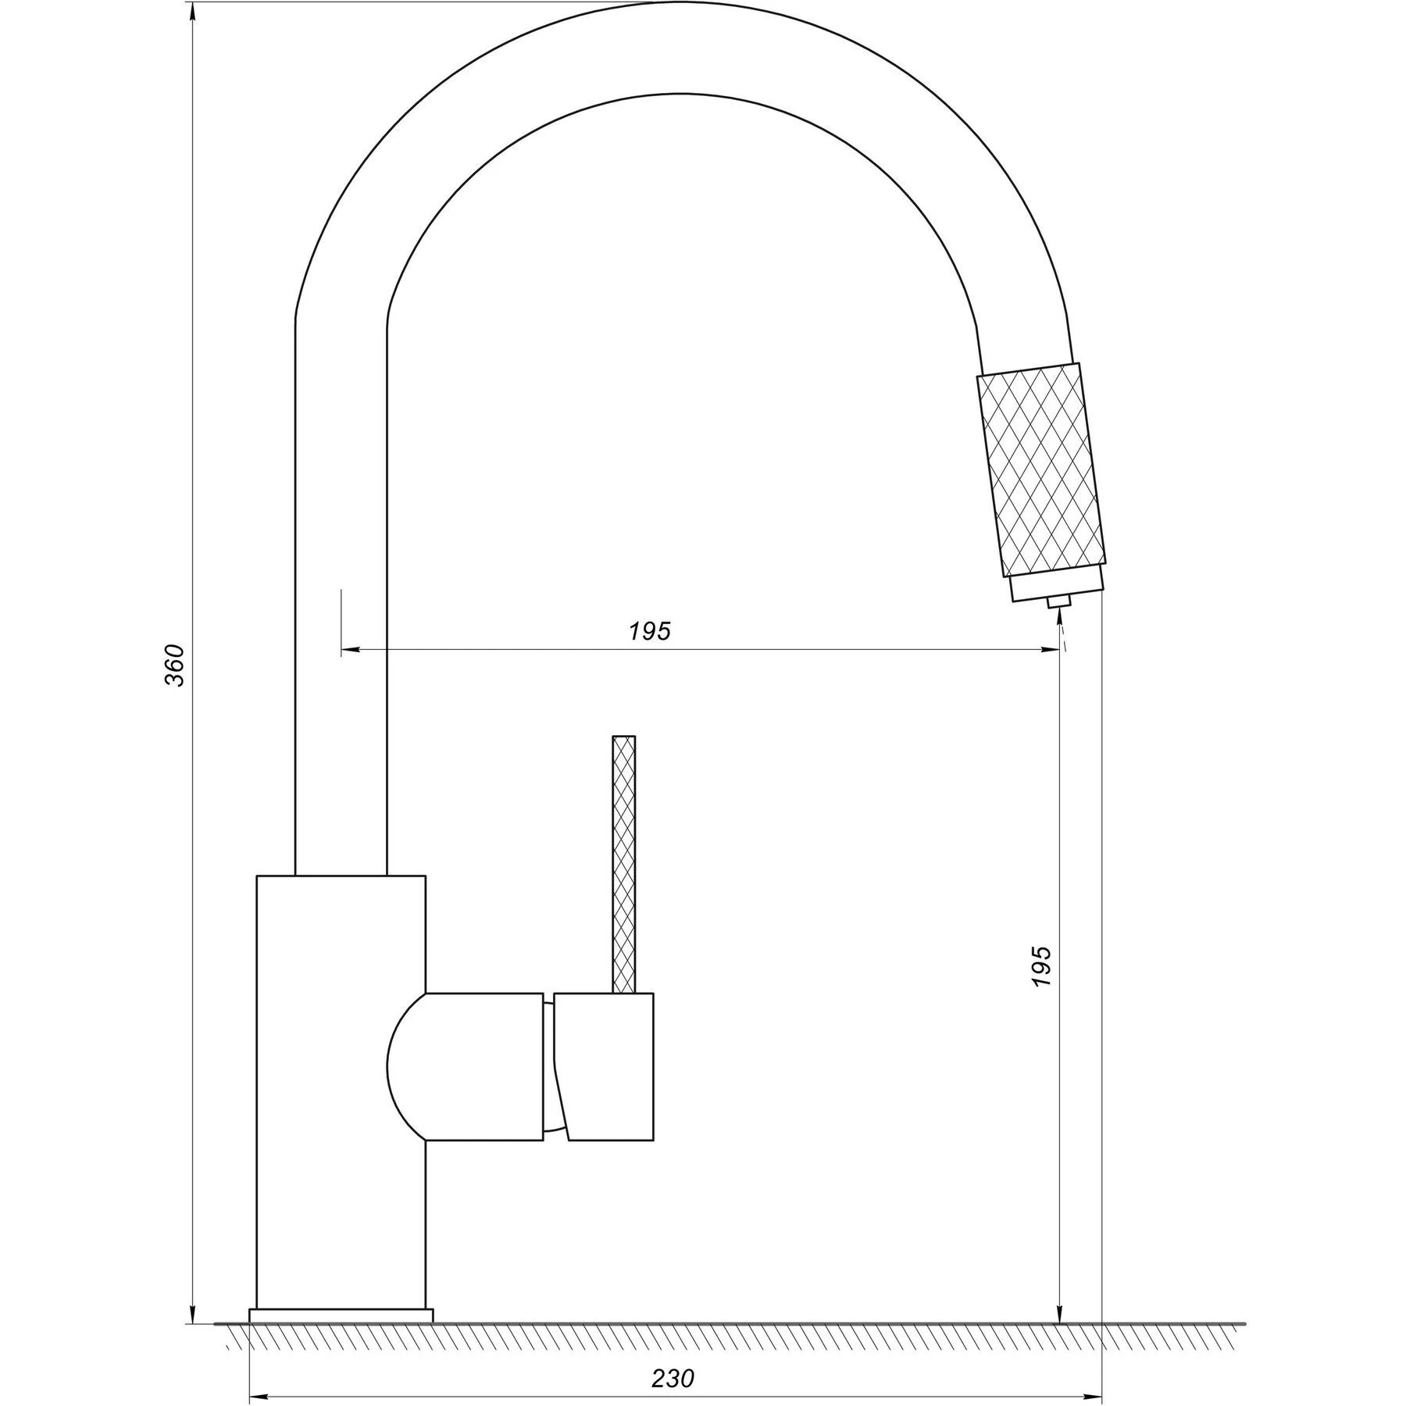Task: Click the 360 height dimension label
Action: pyautogui.click(x=177, y=666)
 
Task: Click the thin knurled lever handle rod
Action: pyautogui.click(x=623, y=865)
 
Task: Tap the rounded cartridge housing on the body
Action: pyautogui.click(x=466, y=1067)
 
